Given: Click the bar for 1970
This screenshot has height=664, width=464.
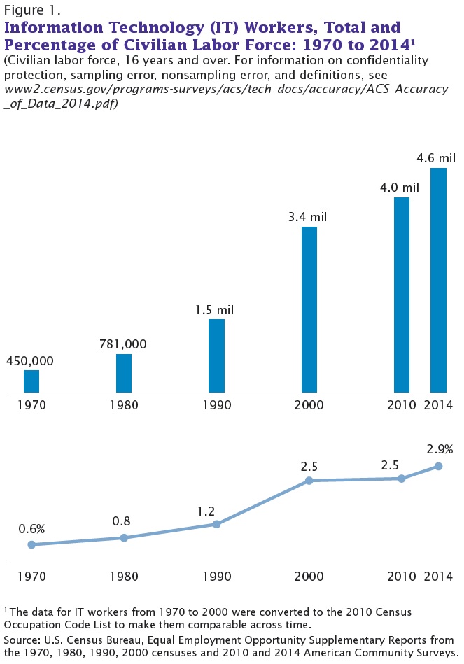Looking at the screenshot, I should click(31, 381).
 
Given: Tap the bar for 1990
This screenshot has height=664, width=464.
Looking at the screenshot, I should click(216, 355).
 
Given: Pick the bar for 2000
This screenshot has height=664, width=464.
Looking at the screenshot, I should click(309, 309).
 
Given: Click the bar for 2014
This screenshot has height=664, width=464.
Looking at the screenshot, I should click(438, 280).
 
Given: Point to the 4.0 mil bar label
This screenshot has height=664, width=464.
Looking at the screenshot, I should click(400, 188).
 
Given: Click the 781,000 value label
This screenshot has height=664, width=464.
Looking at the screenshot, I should click(123, 344).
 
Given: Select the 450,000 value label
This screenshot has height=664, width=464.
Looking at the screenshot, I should click(29, 361).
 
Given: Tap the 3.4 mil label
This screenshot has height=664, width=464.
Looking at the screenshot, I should click(308, 217).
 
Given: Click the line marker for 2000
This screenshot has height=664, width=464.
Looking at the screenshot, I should click(309, 481).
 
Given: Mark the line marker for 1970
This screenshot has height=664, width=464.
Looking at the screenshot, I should click(31, 544).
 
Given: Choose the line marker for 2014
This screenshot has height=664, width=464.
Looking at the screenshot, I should click(439, 466).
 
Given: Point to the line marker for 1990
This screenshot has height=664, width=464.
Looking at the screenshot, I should click(216, 524).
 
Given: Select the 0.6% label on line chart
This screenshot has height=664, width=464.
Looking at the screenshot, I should click(31, 528).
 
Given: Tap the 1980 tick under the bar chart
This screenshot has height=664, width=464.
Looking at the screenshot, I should click(124, 405).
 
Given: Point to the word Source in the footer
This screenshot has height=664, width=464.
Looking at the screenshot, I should click(21, 640).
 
